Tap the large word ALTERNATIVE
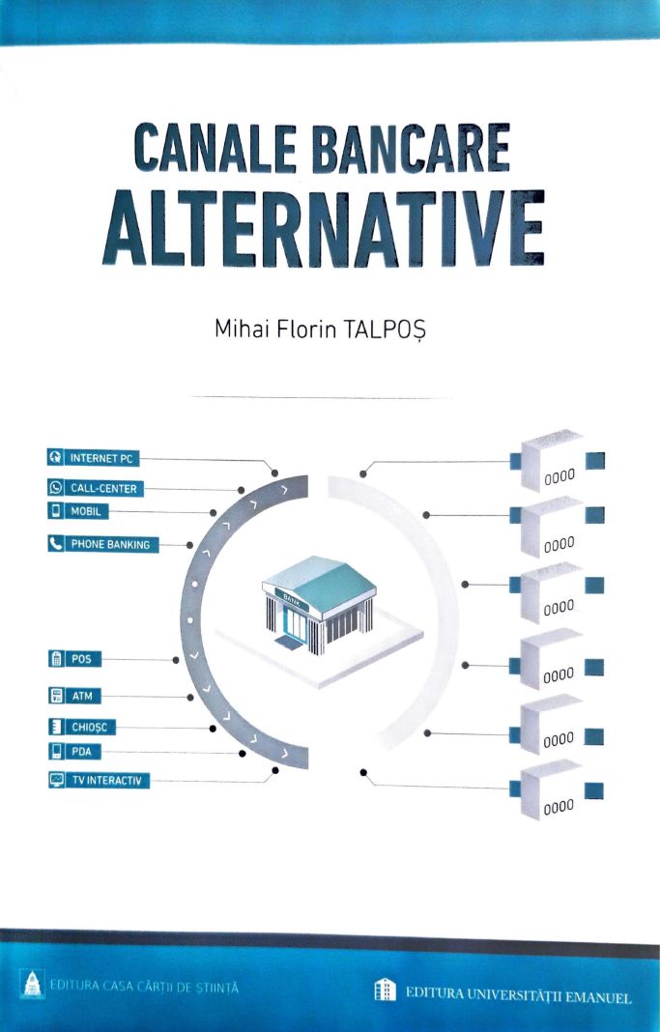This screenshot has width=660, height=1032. (x=320, y=223)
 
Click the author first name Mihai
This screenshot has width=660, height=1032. (x=239, y=330)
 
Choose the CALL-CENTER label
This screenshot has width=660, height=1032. (x=104, y=489)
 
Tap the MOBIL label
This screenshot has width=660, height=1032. (x=89, y=511)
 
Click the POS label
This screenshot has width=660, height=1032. (x=83, y=659)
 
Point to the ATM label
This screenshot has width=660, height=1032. (x=83, y=696)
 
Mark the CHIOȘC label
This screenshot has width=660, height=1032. (x=88, y=728)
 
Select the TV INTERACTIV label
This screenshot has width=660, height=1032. (x=108, y=780)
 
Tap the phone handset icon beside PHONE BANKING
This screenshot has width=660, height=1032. (x=56, y=544)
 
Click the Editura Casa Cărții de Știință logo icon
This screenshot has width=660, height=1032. (x=28, y=986)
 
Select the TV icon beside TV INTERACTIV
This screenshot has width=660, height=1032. (x=56, y=780)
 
